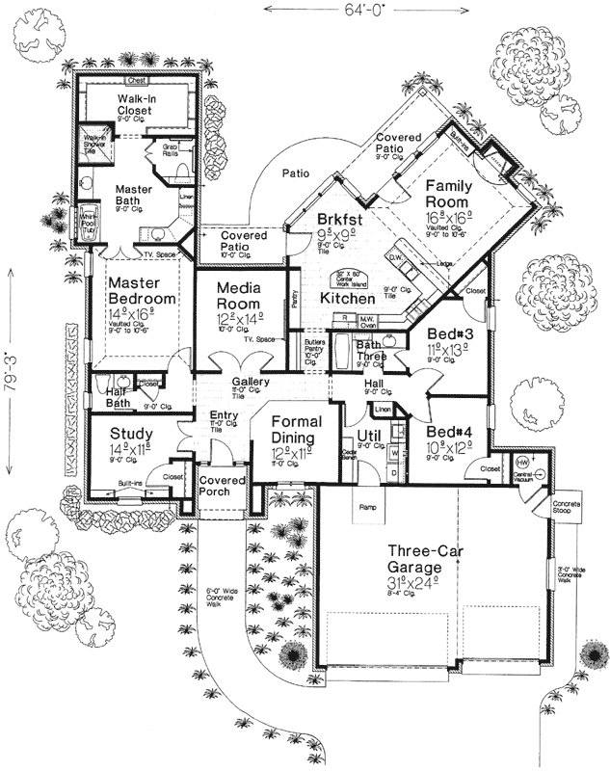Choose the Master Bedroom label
click(143, 291)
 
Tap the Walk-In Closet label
click(146, 109)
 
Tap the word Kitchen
click(340, 300)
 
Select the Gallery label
click(250, 383)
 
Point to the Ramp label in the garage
click(366, 506)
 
